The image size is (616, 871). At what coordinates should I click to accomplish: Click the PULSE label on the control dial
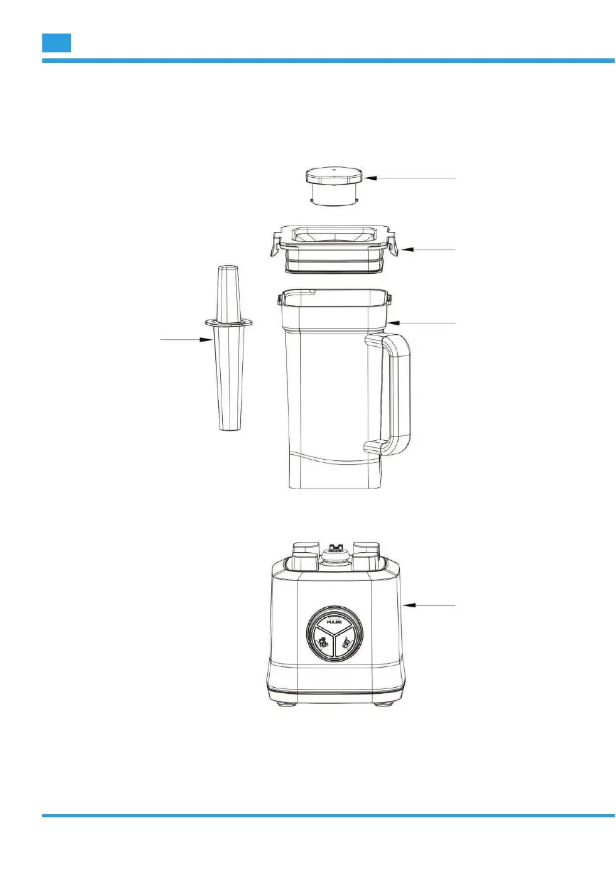click(334, 622)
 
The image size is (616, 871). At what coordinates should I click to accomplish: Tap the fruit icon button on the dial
click(323, 642)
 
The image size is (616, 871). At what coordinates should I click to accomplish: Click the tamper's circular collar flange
click(229, 322)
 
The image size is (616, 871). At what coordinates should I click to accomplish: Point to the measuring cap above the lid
click(334, 187)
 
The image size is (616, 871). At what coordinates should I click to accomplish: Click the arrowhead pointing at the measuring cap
click(370, 178)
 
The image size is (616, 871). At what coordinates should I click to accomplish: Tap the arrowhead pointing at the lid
click(407, 249)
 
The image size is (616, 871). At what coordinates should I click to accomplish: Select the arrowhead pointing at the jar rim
click(394, 323)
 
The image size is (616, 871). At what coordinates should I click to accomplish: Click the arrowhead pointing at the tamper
click(206, 340)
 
